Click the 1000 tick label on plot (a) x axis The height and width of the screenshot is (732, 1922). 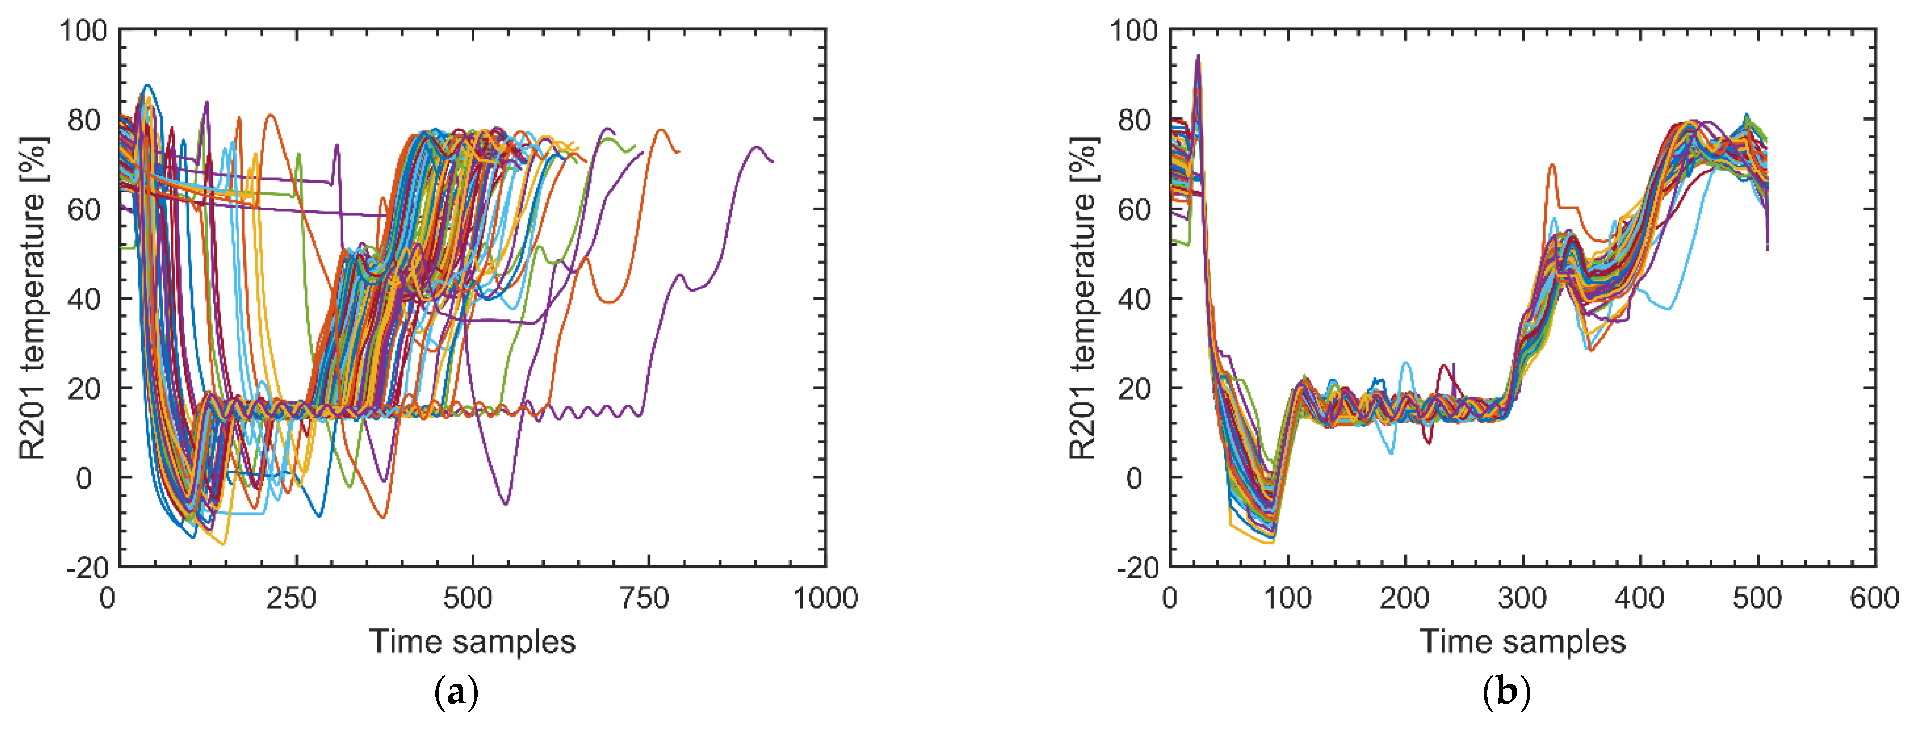pyautogui.click(x=825, y=599)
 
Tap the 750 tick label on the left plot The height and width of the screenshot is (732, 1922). pyautogui.click(x=645, y=599)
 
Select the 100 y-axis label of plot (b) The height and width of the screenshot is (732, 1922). pyautogui.click(x=1132, y=31)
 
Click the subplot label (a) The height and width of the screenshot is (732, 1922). pyautogui.click(x=456, y=693)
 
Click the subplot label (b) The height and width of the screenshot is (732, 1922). pyautogui.click(x=1506, y=693)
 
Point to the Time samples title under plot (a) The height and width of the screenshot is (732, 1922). pyautogui.click(x=472, y=642)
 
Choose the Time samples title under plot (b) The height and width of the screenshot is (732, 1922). pyautogui.click(x=1522, y=642)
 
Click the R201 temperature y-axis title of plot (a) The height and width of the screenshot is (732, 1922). pyautogui.click(x=33, y=299)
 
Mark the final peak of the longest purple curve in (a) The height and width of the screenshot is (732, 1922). pyautogui.click(x=757, y=147)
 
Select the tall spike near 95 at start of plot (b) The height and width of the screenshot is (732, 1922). pyautogui.click(x=1198, y=55)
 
